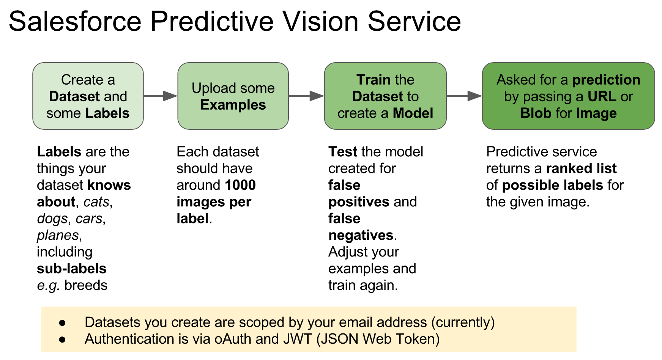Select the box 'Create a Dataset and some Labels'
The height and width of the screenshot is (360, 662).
[x=88, y=96]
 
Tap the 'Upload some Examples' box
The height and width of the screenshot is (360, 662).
[x=233, y=96]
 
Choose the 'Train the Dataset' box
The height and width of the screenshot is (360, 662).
[x=385, y=96]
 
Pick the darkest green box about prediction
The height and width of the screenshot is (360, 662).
[x=568, y=96]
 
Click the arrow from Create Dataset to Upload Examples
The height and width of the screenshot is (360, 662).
[x=161, y=96]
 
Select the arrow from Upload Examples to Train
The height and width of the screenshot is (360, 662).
[x=306, y=96]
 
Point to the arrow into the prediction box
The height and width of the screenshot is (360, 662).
[x=464, y=96]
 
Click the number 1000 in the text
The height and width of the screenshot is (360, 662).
[x=240, y=185]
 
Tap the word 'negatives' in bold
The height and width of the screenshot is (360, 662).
[x=361, y=235]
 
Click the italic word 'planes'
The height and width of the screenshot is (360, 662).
[x=58, y=235]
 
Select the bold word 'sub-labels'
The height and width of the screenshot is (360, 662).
[x=71, y=269]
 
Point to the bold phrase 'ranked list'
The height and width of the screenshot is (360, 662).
[x=581, y=168]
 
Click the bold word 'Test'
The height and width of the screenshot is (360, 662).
[x=342, y=152]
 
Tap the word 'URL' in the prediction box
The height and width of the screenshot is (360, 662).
[x=602, y=96]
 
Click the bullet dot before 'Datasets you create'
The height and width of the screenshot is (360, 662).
[x=63, y=323]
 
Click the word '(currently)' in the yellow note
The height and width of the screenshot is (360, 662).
[x=463, y=322]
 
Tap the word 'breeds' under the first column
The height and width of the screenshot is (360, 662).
[x=86, y=285]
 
